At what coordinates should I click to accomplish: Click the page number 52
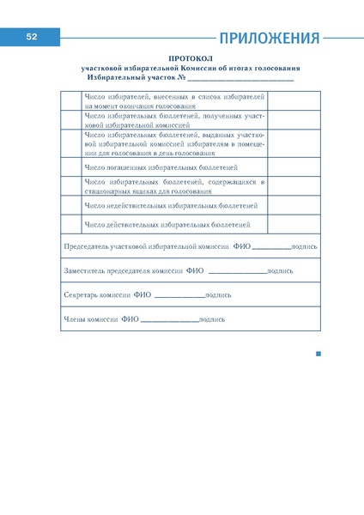tap(31, 37)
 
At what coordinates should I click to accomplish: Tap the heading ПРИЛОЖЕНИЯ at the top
tap(270, 39)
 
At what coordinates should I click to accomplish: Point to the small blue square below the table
tap(318, 354)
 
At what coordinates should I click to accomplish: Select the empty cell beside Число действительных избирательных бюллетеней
tap(71, 225)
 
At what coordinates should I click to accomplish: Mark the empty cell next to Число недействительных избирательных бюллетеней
tap(71, 206)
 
